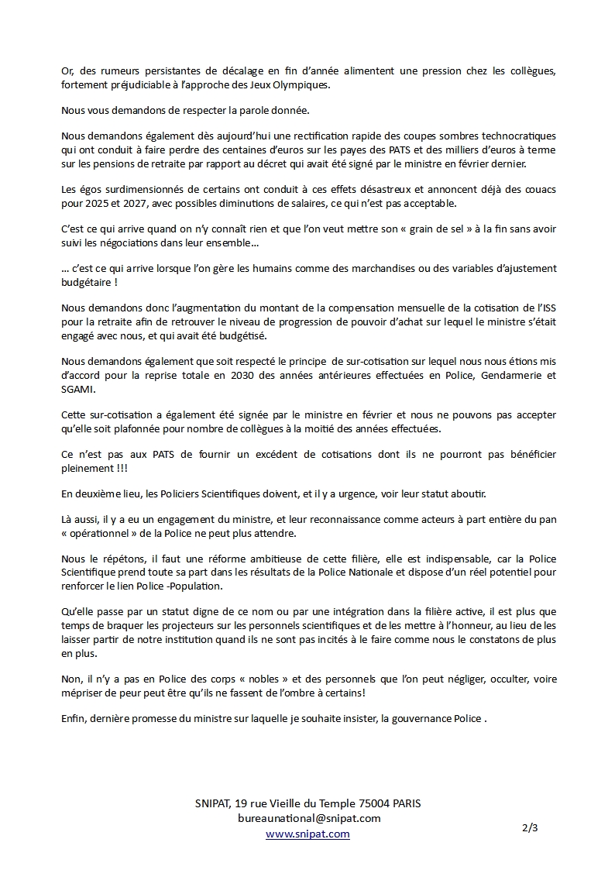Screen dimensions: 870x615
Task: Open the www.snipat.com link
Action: tap(307, 834)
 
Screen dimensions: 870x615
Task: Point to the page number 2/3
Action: tap(530, 827)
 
